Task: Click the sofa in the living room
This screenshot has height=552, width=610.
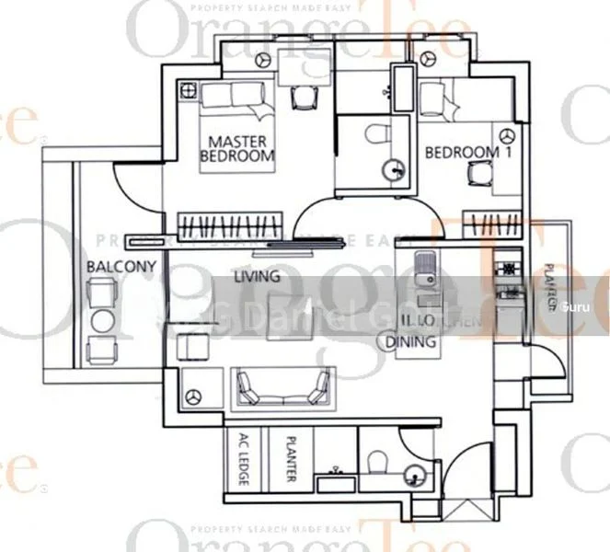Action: (282, 385)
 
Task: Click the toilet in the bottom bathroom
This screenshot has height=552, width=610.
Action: (374, 466)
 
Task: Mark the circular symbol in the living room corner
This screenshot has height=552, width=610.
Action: (194, 396)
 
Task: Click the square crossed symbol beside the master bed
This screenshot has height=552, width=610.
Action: (190, 91)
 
